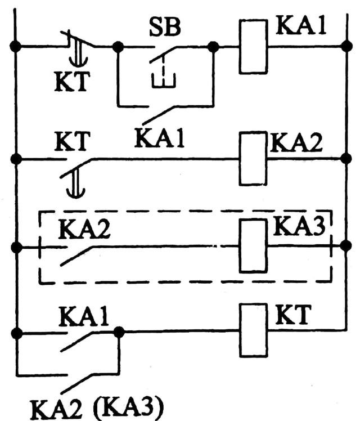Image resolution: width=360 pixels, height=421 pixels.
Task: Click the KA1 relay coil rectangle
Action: click(253, 47)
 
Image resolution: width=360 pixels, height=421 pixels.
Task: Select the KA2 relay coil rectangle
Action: click(253, 159)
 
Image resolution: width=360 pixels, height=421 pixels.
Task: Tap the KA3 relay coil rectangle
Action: click(253, 246)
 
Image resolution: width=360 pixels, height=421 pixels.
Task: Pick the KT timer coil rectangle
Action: click(253, 330)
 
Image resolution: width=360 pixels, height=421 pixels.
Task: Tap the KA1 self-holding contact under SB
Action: click(163, 113)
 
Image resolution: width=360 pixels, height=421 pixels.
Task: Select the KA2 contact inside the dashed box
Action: click(79, 253)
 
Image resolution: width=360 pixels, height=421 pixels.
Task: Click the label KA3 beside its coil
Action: click(300, 226)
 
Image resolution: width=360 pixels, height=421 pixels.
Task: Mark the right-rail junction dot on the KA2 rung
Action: click(345, 159)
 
